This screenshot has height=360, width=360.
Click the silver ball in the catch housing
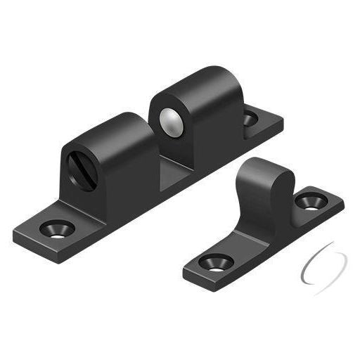170,122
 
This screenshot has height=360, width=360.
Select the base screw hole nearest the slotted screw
56,229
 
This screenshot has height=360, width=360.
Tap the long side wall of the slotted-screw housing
130,176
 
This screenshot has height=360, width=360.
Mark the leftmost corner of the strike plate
184,269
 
